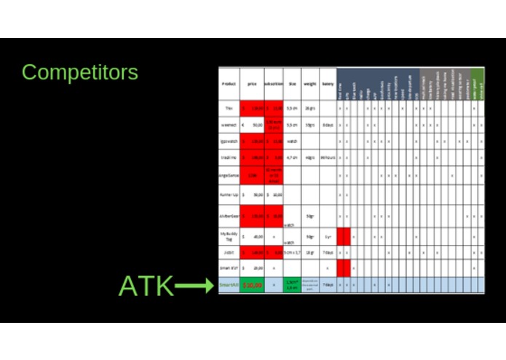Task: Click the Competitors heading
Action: coord(79,72)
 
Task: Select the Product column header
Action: coord(229,85)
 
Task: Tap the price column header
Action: coord(252,85)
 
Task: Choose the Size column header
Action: coord(292,85)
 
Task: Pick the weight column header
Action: coord(310,85)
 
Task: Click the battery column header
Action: coord(328,85)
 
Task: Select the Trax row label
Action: coord(229,108)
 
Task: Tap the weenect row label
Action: coord(229,125)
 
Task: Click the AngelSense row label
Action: coord(229,175)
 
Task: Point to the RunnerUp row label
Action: coord(229,195)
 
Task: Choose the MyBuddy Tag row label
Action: coord(229,236)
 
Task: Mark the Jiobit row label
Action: coord(229,252)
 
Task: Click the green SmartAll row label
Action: coord(229,286)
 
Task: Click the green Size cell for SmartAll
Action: coord(292,286)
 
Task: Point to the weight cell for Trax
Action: coord(310,108)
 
